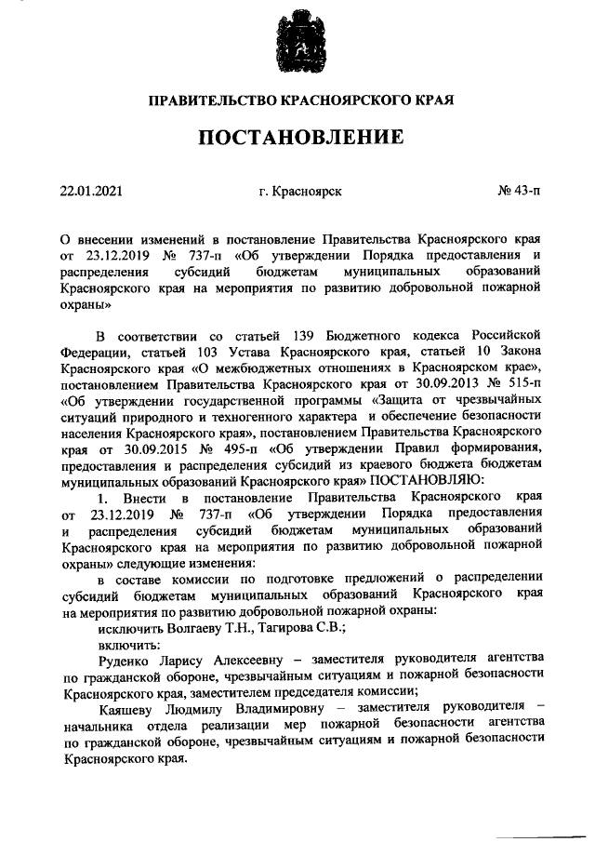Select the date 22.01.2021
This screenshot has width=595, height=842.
(90, 191)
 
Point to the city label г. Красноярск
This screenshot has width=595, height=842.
(300, 191)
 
